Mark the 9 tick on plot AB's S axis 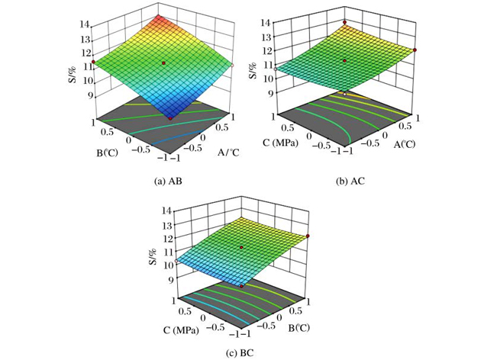pyautogui.click(x=89, y=95)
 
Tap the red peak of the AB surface pyautogui.click(x=157, y=17)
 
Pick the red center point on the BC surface pyautogui.click(x=241, y=248)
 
